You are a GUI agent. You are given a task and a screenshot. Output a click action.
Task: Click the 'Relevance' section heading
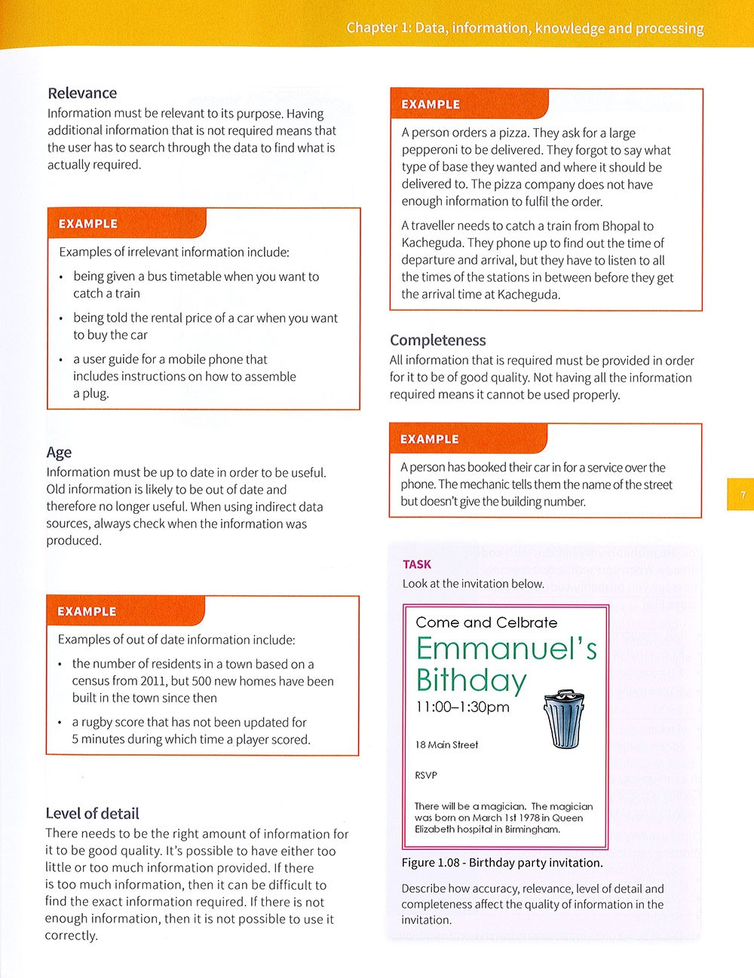click(x=82, y=93)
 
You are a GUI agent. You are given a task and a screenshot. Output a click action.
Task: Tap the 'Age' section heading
click(x=59, y=452)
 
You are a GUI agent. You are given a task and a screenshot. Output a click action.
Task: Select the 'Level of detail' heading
click(x=92, y=814)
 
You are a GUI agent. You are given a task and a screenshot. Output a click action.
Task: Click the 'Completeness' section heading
click(x=437, y=341)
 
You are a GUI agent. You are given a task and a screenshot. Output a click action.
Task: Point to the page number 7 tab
click(x=742, y=495)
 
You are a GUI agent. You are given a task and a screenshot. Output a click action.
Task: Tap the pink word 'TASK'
click(x=417, y=564)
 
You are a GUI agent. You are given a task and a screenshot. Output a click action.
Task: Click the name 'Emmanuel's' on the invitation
click(x=506, y=649)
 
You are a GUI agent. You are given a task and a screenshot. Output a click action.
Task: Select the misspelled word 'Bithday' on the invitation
click(x=470, y=680)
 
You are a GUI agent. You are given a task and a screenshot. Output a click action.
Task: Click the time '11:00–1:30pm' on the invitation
click(x=462, y=708)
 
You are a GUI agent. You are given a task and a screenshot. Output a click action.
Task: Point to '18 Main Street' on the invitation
click(x=446, y=745)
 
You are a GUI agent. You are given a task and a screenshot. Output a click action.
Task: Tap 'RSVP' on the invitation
click(x=426, y=775)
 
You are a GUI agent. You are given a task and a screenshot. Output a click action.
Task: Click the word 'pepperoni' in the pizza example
click(x=430, y=150)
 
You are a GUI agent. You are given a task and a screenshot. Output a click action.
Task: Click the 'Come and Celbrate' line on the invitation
click(x=486, y=622)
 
